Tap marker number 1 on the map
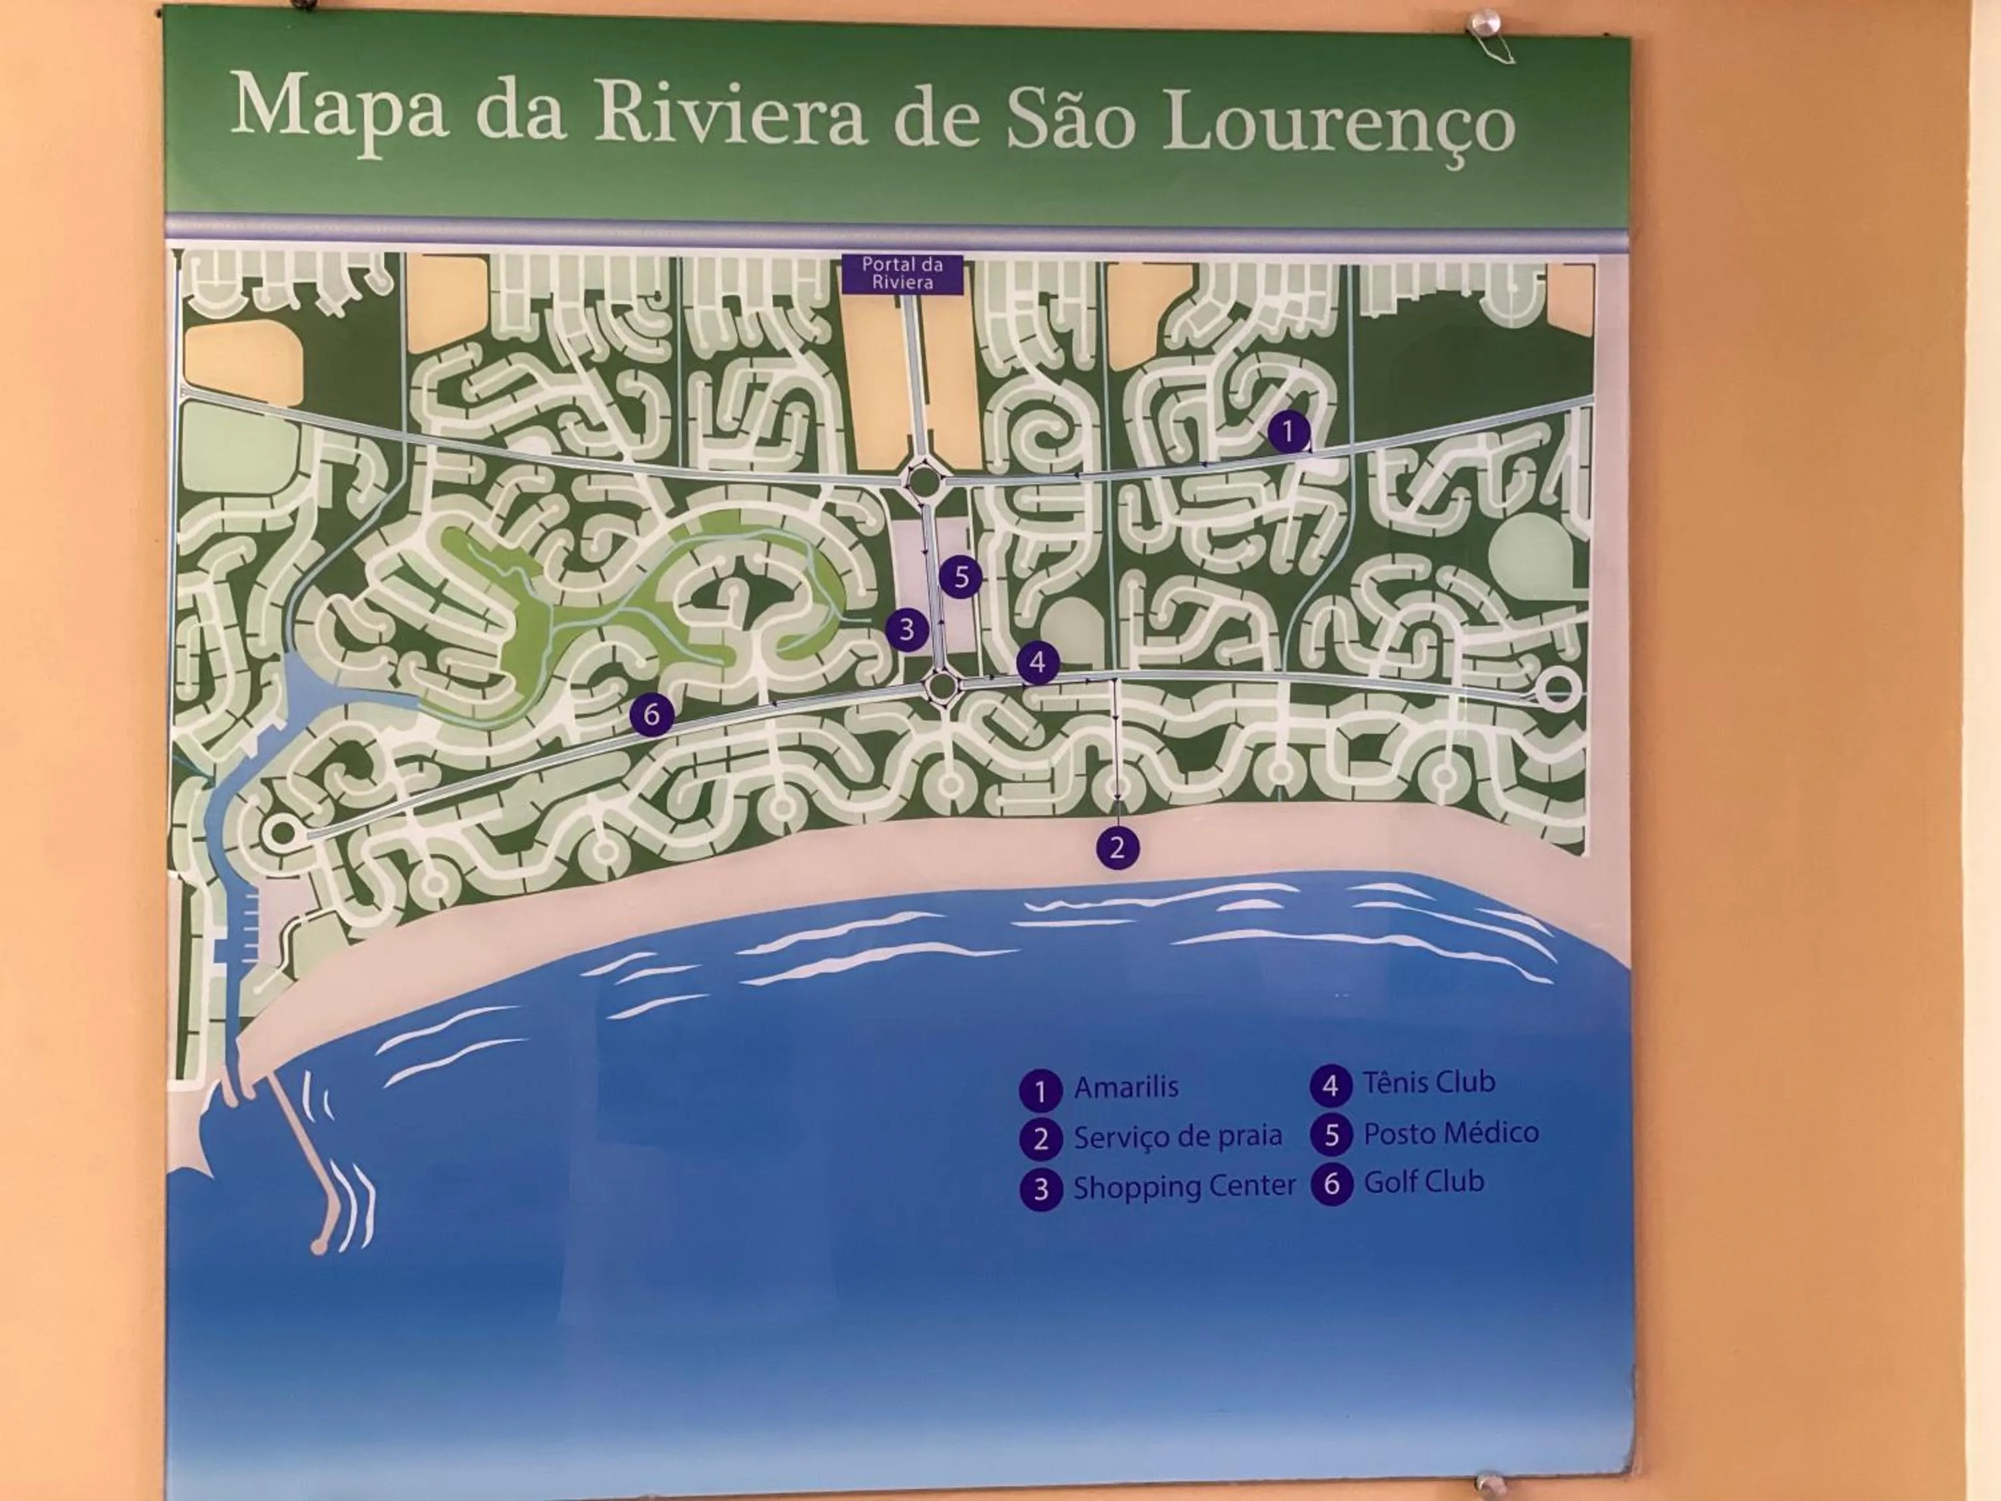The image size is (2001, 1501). point(1288,432)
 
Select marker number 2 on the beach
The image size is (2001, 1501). point(1117,848)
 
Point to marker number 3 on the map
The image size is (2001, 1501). point(906,630)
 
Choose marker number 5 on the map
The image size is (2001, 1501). point(960,577)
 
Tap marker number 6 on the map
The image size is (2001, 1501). point(651,714)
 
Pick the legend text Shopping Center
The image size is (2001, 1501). point(1184,1186)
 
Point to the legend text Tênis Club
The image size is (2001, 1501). point(1429,1082)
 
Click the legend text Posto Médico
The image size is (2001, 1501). point(1450,1132)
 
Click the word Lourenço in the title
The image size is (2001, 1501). point(1339,124)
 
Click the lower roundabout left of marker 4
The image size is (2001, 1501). point(942,686)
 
